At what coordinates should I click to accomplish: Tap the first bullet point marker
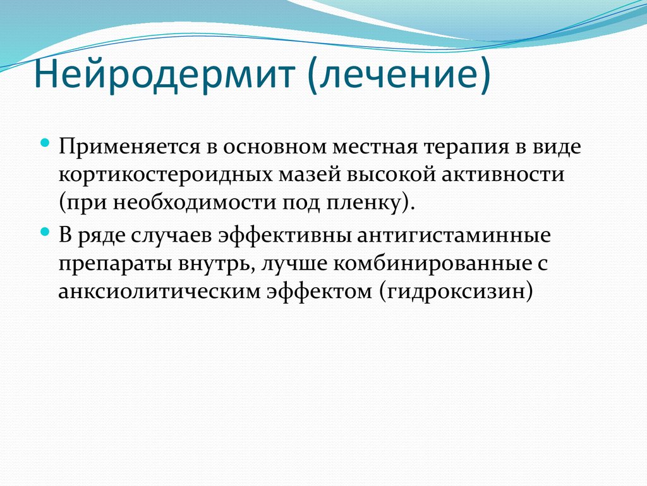coord(45,144)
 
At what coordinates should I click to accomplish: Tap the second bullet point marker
coord(45,232)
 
